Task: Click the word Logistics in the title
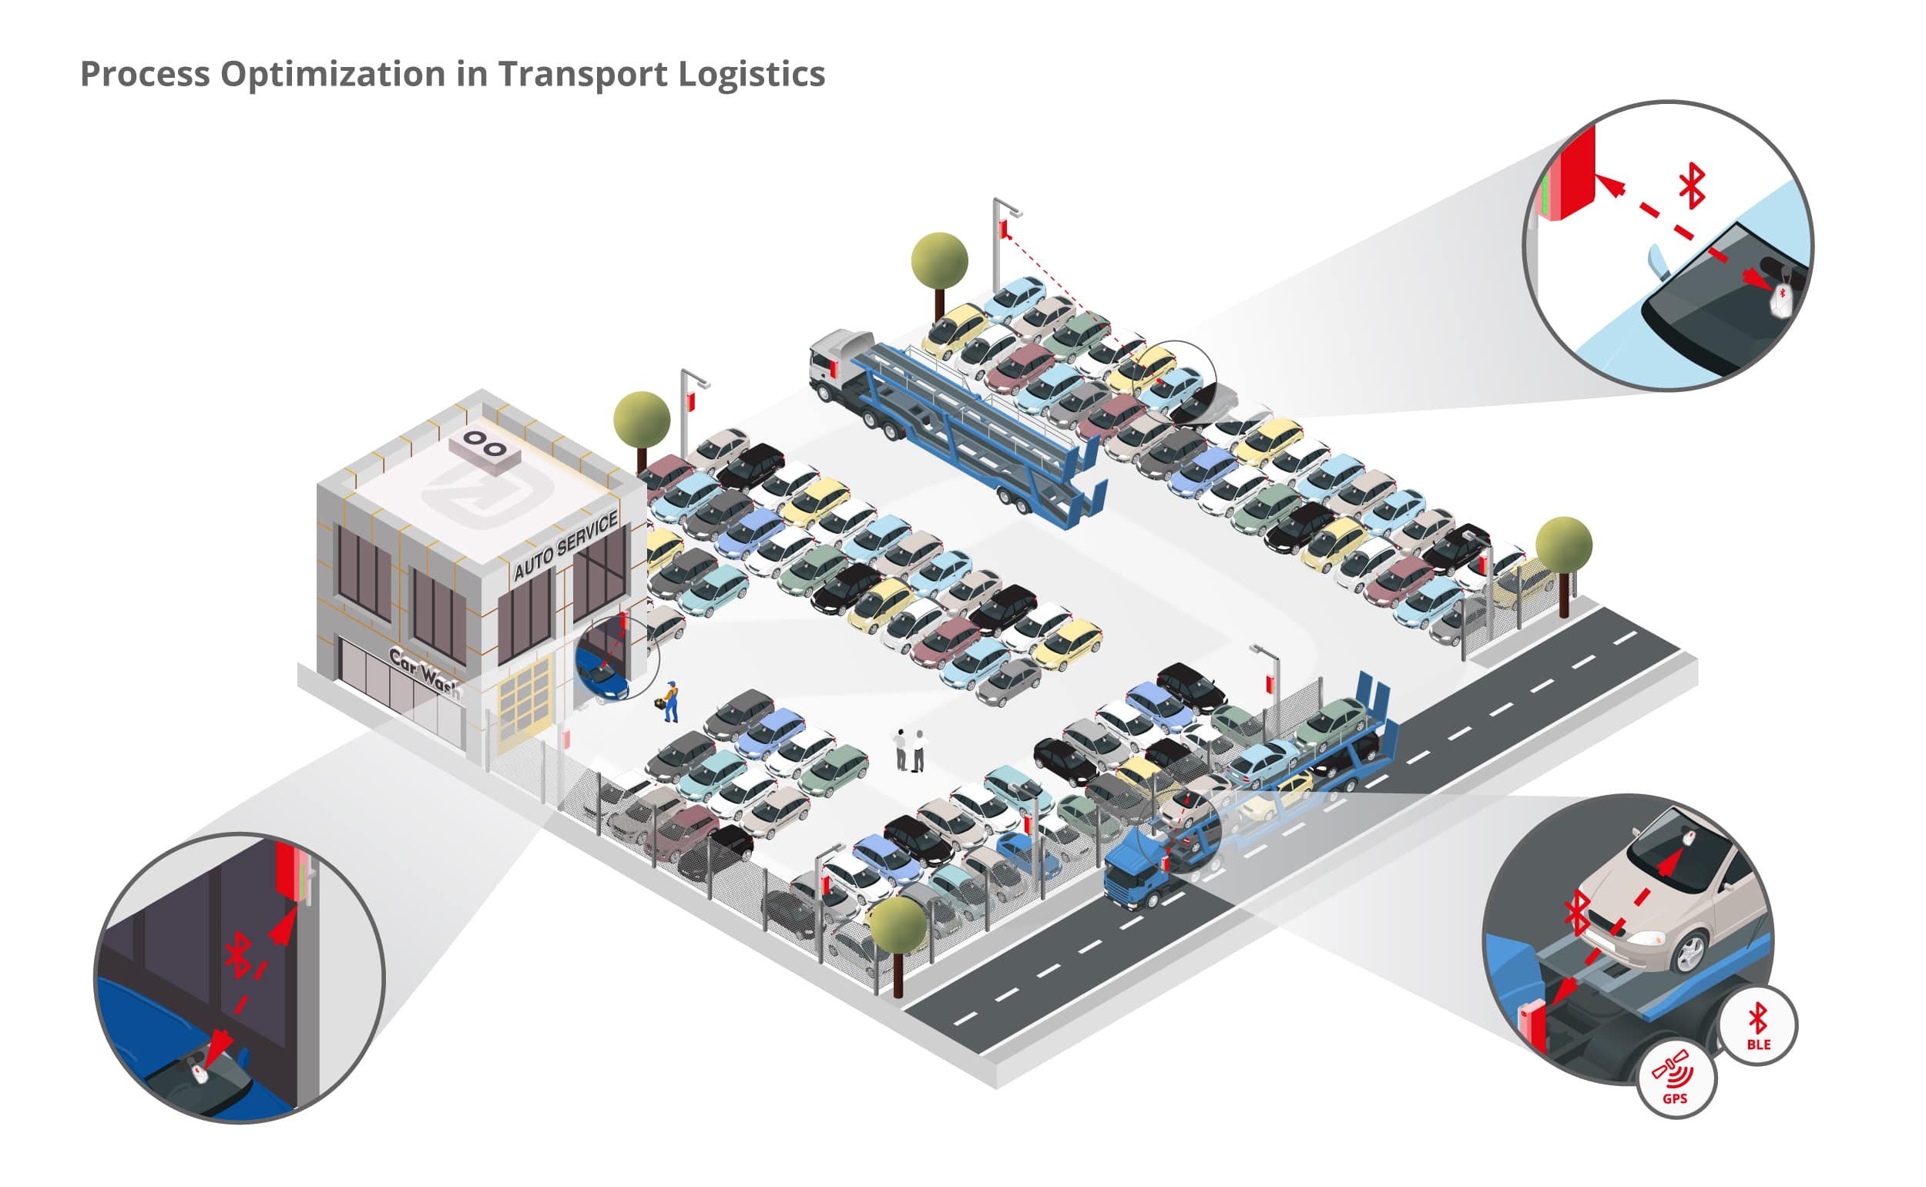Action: click(x=750, y=75)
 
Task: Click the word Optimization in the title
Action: click(x=332, y=74)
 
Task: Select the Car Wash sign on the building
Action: click(x=424, y=672)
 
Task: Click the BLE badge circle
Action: click(x=1757, y=1024)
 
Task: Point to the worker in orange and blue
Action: click(x=670, y=701)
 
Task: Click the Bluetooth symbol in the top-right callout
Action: click(x=1692, y=186)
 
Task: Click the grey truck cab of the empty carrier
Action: click(x=835, y=363)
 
